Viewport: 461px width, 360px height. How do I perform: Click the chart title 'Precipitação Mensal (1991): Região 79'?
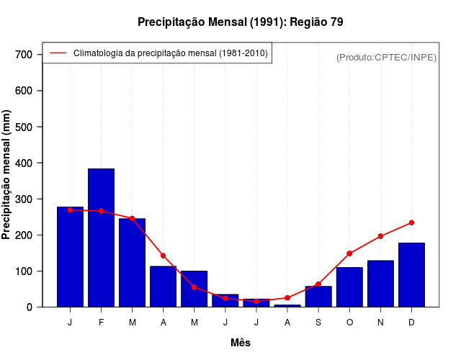pyautogui.click(x=241, y=22)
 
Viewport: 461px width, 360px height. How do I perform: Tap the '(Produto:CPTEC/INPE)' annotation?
pyautogui.click(x=386, y=57)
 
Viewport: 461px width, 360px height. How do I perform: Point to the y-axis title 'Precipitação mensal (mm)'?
pyautogui.click(x=7, y=175)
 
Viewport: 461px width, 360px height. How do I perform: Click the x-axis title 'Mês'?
pyautogui.click(x=241, y=343)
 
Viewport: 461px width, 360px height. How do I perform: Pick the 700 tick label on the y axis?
pyautogui.click(x=23, y=55)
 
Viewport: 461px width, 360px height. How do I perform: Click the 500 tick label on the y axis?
pyautogui.click(x=23, y=127)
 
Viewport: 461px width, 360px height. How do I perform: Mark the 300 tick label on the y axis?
pyautogui.click(x=23, y=199)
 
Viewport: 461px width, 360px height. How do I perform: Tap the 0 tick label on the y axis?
pyautogui.click(x=29, y=307)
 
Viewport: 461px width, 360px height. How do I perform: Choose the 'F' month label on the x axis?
pyautogui.click(x=101, y=323)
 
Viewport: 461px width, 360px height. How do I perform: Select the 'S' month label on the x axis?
pyautogui.click(x=318, y=323)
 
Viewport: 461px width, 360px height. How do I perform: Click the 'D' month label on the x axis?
pyautogui.click(x=411, y=323)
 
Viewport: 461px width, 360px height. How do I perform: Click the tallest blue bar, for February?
pyautogui.click(x=101, y=238)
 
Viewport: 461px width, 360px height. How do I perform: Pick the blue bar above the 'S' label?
pyautogui.click(x=318, y=297)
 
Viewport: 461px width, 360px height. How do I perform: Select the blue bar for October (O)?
pyautogui.click(x=349, y=287)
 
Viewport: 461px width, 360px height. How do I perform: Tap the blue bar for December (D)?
pyautogui.click(x=411, y=275)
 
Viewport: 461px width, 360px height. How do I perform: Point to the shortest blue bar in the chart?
pyautogui.click(x=287, y=305)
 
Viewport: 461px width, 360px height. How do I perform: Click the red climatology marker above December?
pyautogui.click(x=411, y=222)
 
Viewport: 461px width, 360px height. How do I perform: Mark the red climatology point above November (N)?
pyautogui.click(x=380, y=236)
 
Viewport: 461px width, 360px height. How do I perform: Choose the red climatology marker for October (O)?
pyautogui.click(x=349, y=253)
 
